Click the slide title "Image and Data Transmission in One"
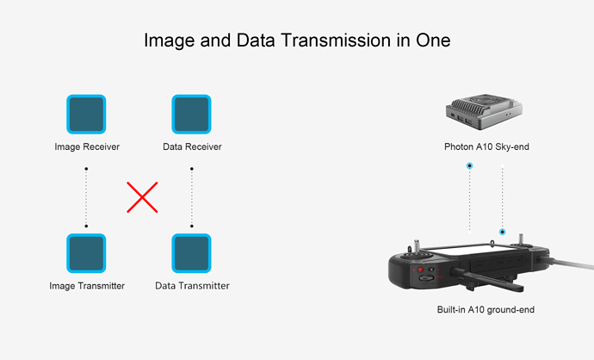[x=297, y=40]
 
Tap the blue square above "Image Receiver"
[x=86, y=114]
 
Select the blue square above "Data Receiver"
[x=191, y=114]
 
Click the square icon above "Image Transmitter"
[x=86, y=253]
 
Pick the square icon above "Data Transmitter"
[x=191, y=253]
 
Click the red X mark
[x=142, y=197]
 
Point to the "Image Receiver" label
[x=87, y=146]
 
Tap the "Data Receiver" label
[x=192, y=146]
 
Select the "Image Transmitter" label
[x=87, y=286]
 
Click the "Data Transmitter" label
[x=192, y=286]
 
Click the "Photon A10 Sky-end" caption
[x=486, y=146]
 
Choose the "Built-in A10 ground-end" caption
[x=486, y=309]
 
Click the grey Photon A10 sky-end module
[x=484, y=111]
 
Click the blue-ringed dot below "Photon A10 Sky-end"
[x=470, y=165]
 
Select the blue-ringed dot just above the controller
[x=503, y=232]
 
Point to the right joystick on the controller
[x=521, y=242]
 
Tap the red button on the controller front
[x=420, y=270]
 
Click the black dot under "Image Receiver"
[x=86, y=169]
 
